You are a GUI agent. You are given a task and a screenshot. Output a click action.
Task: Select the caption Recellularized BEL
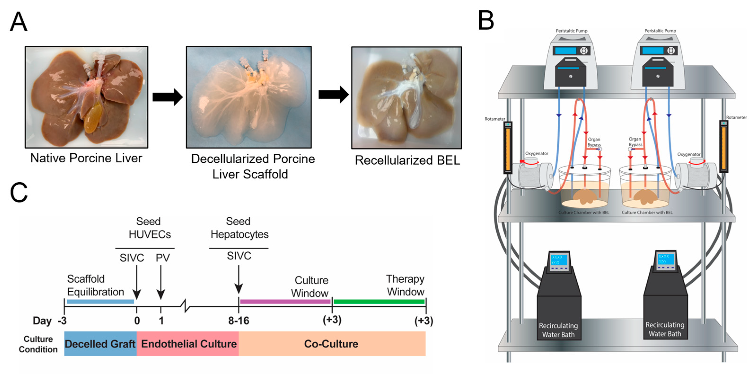(407, 160)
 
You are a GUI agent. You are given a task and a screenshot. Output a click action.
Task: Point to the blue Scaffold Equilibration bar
(100, 301)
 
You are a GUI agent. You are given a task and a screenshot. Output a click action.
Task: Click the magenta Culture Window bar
(285, 301)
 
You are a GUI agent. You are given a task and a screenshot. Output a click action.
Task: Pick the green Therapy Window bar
(379, 301)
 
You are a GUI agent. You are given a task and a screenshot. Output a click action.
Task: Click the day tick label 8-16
(239, 321)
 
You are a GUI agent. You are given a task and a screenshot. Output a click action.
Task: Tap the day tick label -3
(62, 321)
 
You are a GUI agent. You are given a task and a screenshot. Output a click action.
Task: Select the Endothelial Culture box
(188, 344)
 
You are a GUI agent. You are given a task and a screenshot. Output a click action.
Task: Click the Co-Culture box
(331, 344)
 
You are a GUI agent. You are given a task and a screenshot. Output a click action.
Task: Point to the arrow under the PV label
(161, 282)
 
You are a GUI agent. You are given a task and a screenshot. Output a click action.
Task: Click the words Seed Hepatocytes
(239, 228)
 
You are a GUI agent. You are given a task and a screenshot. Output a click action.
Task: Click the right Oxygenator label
(689, 154)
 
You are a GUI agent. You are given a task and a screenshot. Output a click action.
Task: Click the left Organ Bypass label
(594, 142)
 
